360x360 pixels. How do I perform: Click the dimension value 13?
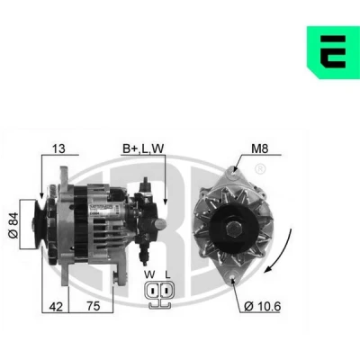(x=58, y=148)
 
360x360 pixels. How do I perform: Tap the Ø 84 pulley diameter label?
(x=13, y=225)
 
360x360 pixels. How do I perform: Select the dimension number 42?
(x=56, y=307)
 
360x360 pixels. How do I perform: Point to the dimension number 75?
(x=93, y=306)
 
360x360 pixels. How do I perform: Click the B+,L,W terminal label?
(x=143, y=148)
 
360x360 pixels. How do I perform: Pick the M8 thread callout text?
(x=259, y=148)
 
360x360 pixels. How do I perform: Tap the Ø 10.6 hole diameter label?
(x=263, y=306)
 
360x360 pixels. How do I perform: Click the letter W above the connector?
(x=149, y=274)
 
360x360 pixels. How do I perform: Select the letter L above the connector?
(x=167, y=274)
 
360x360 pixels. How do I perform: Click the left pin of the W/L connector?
(x=152, y=291)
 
